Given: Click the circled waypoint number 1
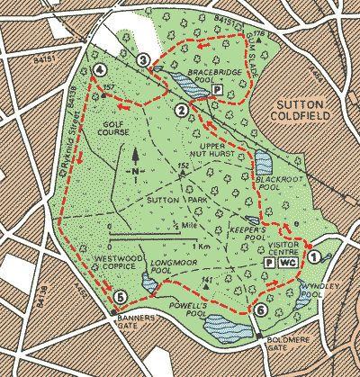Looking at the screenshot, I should coord(313,256).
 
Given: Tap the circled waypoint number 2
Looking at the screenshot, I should coord(182,111).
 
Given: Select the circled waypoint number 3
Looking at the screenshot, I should coord(143,59).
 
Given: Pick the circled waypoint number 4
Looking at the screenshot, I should coord(98,69).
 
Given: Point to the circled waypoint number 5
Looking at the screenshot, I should coord(121,298).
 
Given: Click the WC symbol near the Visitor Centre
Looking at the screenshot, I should coord(287,264).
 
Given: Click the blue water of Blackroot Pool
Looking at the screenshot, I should coord(264,163).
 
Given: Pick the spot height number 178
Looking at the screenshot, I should coord(260,34).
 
